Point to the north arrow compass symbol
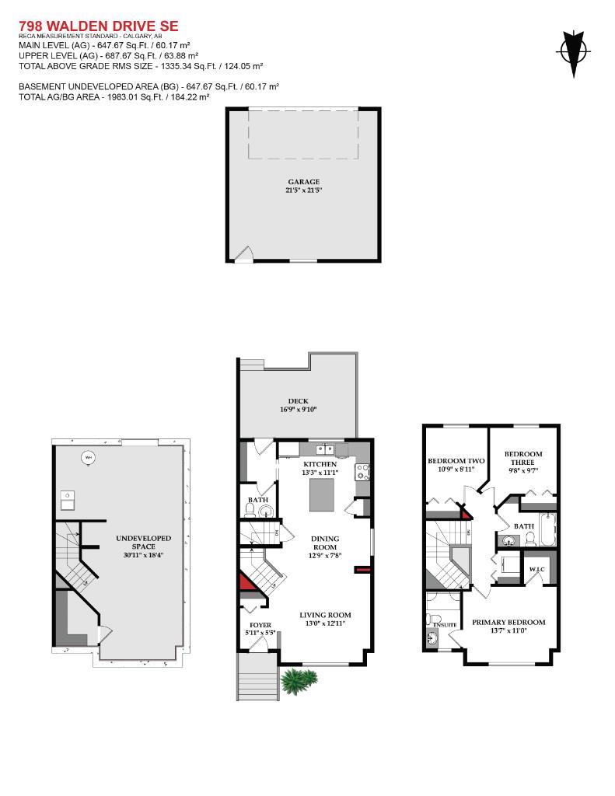click(x=574, y=52)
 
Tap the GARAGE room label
click(x=304, y=182)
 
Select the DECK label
click(x=299, y=401)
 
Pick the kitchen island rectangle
click(x=326, y=495)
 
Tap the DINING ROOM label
click(x=325, y=543)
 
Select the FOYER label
click(x=260, y=625)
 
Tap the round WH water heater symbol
click(x=88, y=457)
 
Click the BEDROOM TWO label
click(x=456, y=461)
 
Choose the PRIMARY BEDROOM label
click(x=508, y=622)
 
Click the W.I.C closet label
click(x=538, y=570)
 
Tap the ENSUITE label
click(x=444, y=624)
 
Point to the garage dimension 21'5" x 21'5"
click(x=304, y=190)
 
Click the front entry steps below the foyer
click(x=257, y=675)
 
